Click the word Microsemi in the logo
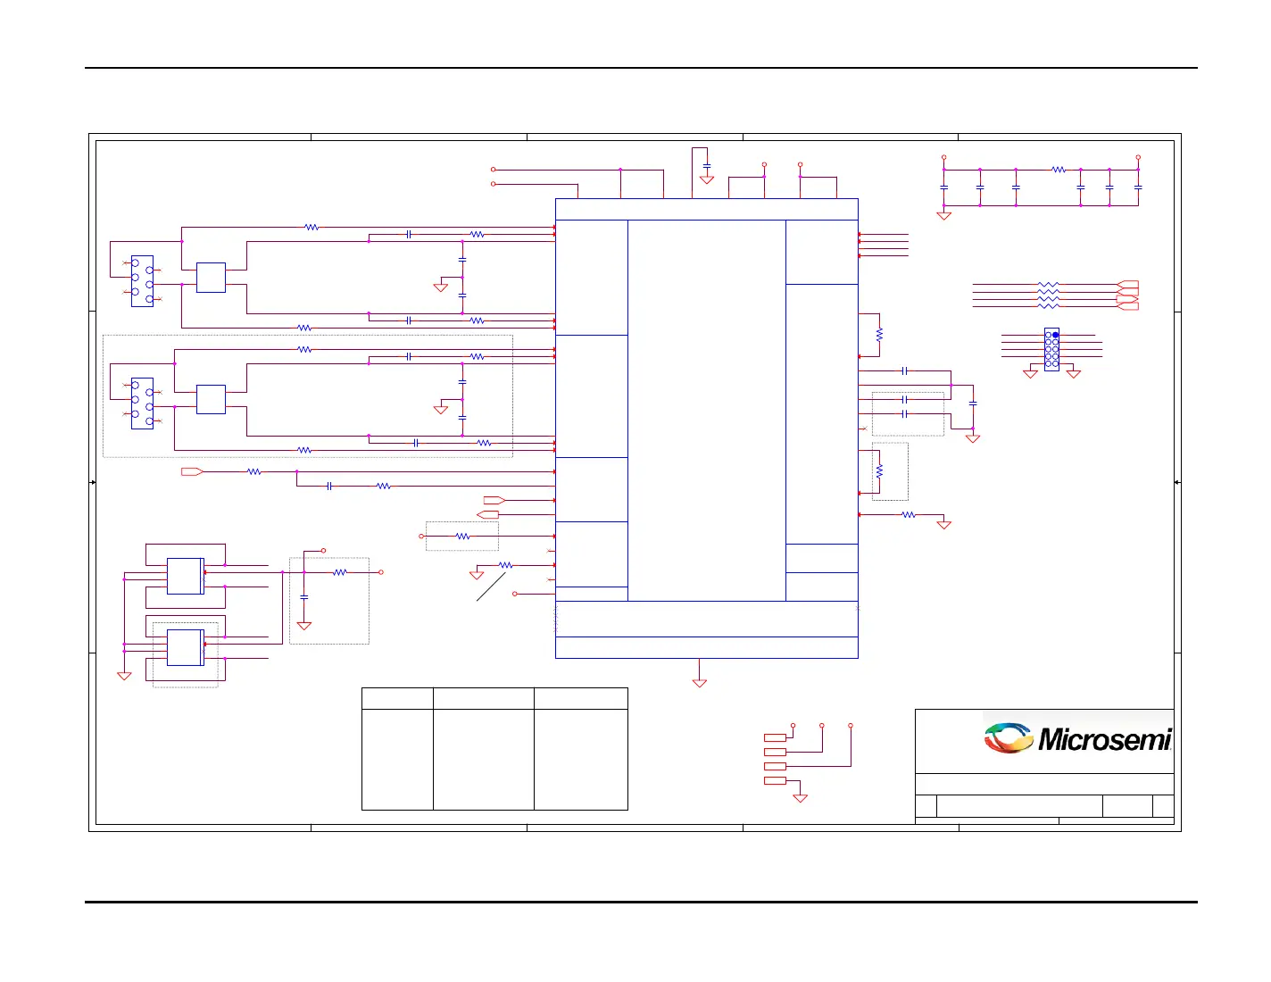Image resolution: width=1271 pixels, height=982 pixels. [1104, 740]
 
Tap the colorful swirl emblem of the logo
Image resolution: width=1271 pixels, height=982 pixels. [1008, 738]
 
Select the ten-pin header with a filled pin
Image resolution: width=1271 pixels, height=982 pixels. [1051, 349]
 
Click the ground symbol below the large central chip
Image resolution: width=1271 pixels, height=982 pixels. [700, 683]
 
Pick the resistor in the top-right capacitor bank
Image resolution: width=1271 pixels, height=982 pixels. [1058, 169]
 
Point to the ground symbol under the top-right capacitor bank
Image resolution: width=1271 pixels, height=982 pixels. [943, 215]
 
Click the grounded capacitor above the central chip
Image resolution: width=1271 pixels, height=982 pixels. [707, 167]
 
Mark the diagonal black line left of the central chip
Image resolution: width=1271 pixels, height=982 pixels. [491, 587]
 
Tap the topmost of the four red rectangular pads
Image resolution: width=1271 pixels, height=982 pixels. [775, 737]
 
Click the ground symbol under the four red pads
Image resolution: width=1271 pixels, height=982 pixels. [801, 797]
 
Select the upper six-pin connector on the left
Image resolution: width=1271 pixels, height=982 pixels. [142, 281]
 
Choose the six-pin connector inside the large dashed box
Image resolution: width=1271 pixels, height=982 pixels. [142, 404]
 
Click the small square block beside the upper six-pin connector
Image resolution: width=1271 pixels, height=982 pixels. [211, 278]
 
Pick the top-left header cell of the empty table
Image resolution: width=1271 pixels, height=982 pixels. [397, 698]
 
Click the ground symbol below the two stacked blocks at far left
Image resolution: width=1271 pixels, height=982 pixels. [124, 676]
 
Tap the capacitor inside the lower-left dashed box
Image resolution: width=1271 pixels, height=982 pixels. [304, 597]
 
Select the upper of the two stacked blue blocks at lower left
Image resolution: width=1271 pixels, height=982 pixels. [185, 576]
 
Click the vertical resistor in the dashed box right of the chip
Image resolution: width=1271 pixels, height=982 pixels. [879, 470]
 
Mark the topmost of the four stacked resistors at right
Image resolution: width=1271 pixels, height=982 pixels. [1049, 285]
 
